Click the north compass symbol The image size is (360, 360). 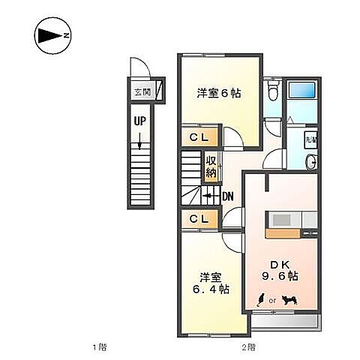click(52, 35)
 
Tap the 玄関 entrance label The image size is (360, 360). click(141, 93)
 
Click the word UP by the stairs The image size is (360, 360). click(140, 121)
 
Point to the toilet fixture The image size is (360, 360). click(274, 92)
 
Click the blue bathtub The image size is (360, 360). click(304, 101)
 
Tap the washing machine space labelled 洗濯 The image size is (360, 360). click(310, 138)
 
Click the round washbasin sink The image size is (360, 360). click(310, 161)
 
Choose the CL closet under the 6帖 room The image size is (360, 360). click(199, 137)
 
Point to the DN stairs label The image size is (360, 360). click(228, 196)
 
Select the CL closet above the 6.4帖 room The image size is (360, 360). click(199, 218)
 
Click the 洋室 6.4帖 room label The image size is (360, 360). click(209, 282)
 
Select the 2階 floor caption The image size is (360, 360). click(247, 347)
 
